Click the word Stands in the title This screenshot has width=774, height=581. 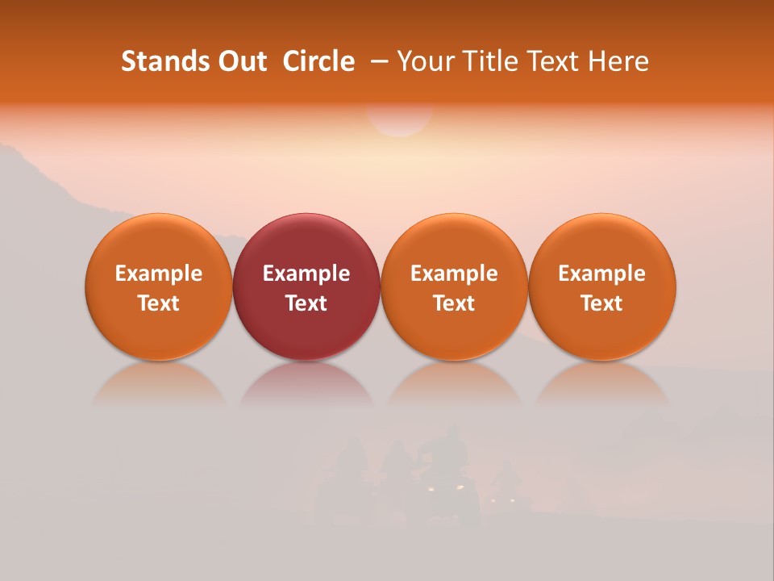coord(161,61)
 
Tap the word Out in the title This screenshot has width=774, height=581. coord(241,61)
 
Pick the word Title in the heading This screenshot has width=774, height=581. coord(485,61)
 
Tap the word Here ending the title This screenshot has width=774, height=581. coord(618,61)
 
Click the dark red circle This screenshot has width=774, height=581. coord(306,242)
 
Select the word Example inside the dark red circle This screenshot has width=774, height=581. coord(306,274)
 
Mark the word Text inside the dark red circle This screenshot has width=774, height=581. coord(306,303)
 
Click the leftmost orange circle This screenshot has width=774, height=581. coord(159,242)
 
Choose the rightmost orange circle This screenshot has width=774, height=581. coord(602,242)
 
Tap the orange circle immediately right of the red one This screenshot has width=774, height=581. coord(454,242)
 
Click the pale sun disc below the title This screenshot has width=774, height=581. coord(400,119)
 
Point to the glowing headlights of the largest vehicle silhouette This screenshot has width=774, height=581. coord(447,488)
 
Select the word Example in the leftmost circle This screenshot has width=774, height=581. coord(159,274)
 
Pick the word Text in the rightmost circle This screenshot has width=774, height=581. coord(602,303)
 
